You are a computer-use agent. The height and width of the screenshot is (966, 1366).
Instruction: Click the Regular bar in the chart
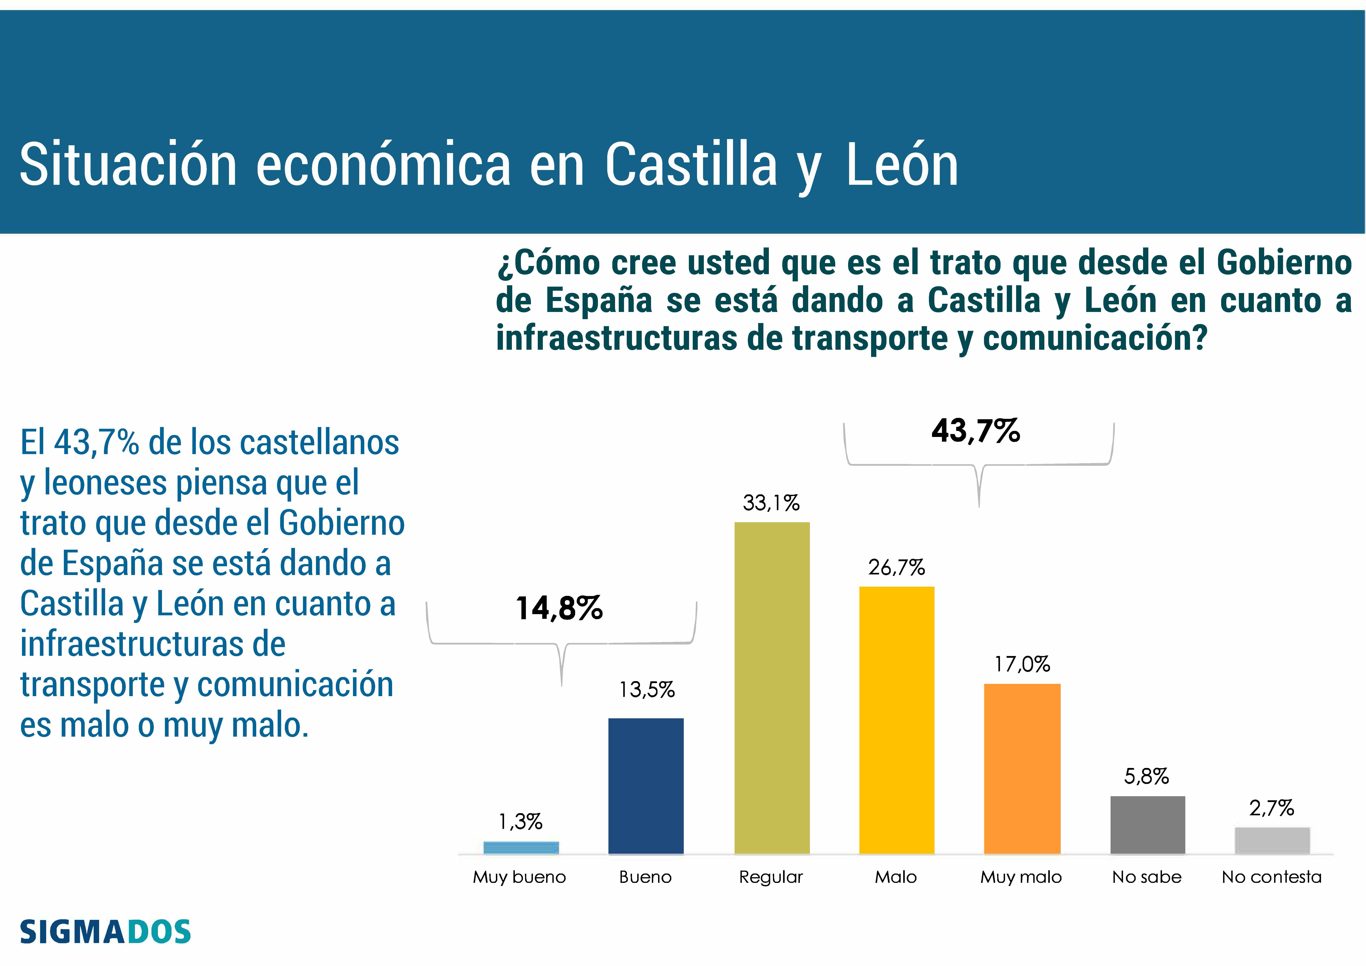tap(772, 687)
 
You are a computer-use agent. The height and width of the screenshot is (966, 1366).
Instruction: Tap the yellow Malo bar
tap(897, 720)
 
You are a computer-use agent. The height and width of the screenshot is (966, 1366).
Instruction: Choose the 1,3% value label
tap(521, 822)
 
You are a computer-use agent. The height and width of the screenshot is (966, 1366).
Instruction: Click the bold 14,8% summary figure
tap(559, 608)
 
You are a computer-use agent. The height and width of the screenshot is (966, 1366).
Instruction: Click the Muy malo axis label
tap(1021, 877)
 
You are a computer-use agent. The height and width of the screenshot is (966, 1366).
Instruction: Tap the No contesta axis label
tap(1271, 877)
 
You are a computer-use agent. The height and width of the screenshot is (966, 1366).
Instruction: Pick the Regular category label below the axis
tap(771, 877)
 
